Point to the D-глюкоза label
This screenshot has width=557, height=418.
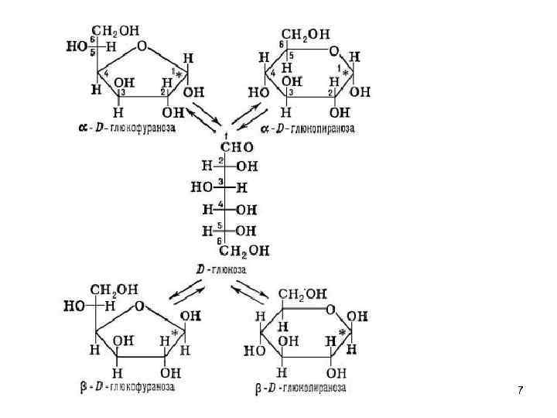[x=221, y=269]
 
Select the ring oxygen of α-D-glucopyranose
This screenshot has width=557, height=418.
[x=334, y=51]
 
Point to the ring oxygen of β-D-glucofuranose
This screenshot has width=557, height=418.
[x=140, y=306]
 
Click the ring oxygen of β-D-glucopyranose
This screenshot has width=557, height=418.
[x=330, y=310]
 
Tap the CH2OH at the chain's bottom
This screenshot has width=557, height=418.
[x=244, y=250]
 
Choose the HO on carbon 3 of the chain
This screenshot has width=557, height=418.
[x=203, y=187]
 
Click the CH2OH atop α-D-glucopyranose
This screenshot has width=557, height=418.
[x=305, y=35]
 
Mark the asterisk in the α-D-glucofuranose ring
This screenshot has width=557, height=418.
[x=181, y=74]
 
